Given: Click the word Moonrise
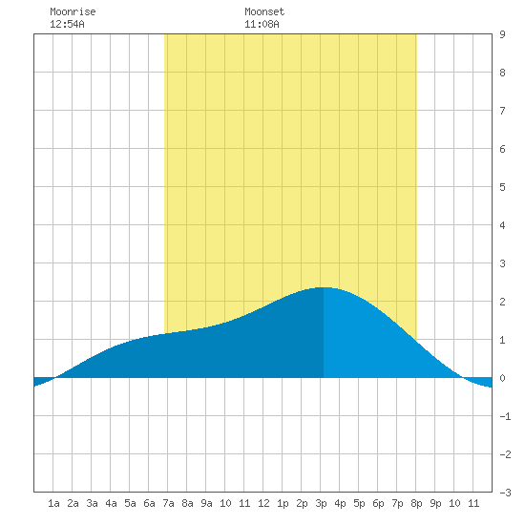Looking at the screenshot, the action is pos(73,11).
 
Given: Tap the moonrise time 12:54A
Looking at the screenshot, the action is pos(67,24).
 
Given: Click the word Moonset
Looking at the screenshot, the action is pos(264,11).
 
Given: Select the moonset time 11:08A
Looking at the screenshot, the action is pos(262,24).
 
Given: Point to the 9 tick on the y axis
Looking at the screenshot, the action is pos(502,34).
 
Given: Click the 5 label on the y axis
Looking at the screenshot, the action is pos(502,187).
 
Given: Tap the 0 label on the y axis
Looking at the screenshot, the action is pos(502,378).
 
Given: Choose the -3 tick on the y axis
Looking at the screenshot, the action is pos(505,493).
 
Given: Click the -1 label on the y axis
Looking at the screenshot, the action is pos(505,416).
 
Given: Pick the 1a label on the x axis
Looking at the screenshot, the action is pos(53,503).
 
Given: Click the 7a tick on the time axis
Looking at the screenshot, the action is pos(168,503).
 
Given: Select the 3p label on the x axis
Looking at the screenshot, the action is pos(321,503).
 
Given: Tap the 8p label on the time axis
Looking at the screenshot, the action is pos(416,503).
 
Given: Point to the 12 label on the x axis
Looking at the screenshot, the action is pos(263,503).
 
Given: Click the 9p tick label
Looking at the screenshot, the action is pos(435,503).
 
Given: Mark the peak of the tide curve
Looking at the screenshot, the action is pos(324,287).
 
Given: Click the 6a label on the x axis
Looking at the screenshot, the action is pos(149,503).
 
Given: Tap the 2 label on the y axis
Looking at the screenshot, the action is pos(502,302).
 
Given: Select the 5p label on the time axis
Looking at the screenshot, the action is pos(359,503).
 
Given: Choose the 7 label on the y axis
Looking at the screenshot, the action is pos(502,111).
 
